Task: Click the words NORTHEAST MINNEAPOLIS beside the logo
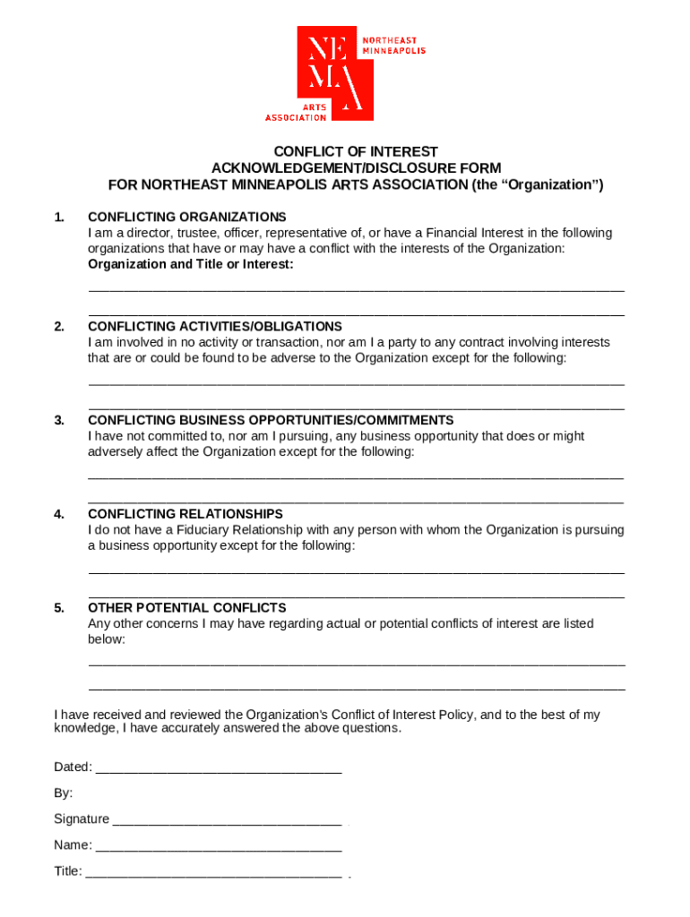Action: coord(392,46)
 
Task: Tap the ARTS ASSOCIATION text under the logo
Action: coord(296,112)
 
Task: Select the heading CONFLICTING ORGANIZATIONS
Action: coord(186,217)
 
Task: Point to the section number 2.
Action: coord(59,327)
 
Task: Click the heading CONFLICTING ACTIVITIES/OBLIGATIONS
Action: coord(214,327)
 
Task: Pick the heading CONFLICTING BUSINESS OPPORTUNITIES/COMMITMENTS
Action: coord(271,420)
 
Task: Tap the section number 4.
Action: coord(59,514)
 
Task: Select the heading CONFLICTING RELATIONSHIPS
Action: coord(185,514)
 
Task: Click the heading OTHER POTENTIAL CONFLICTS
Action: coord(186,608)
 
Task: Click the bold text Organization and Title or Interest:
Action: coord(190,264)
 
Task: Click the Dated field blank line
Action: coord(218,768)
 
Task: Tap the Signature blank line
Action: coord(227,820)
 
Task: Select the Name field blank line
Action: coord(218,846)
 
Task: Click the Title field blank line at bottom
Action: coord(213,872)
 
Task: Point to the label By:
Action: coord(64,793)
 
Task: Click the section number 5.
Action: coord(59,608)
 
